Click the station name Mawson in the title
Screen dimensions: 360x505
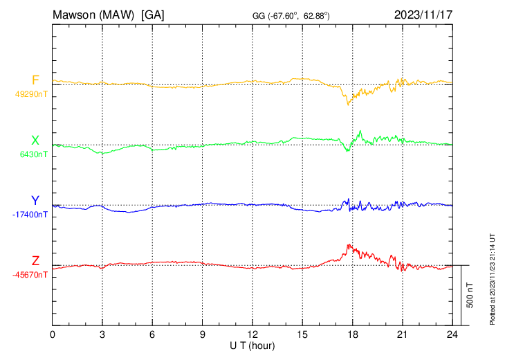[x=76, y=14]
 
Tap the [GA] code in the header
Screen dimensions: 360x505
[x=152, y=14]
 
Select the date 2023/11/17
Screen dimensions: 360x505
[x=423, y=14]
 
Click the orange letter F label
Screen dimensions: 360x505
[x=35, y=80]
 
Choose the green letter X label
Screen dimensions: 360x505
[x=35, y=141]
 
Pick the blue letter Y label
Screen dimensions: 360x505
[x=35, y=201]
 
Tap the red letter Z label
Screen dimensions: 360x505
[x=35, y=261]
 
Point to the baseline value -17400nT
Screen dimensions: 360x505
[x=30, y=215]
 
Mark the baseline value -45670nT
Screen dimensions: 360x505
[x=30, y=275]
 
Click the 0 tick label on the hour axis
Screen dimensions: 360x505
[x=53, y=334]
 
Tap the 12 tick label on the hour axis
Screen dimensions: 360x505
[x=252, y=334]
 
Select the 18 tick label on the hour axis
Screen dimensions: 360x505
[x=352, y=334]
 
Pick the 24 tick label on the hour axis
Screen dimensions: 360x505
[x=452, y=334]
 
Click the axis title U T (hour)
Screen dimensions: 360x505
[x=252, y=345]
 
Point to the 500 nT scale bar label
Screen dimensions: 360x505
[x=470, y=295]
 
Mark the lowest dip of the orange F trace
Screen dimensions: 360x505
[x=348, y=104]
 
